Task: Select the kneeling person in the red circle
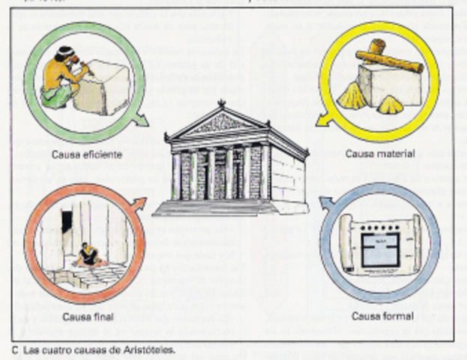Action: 88,254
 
